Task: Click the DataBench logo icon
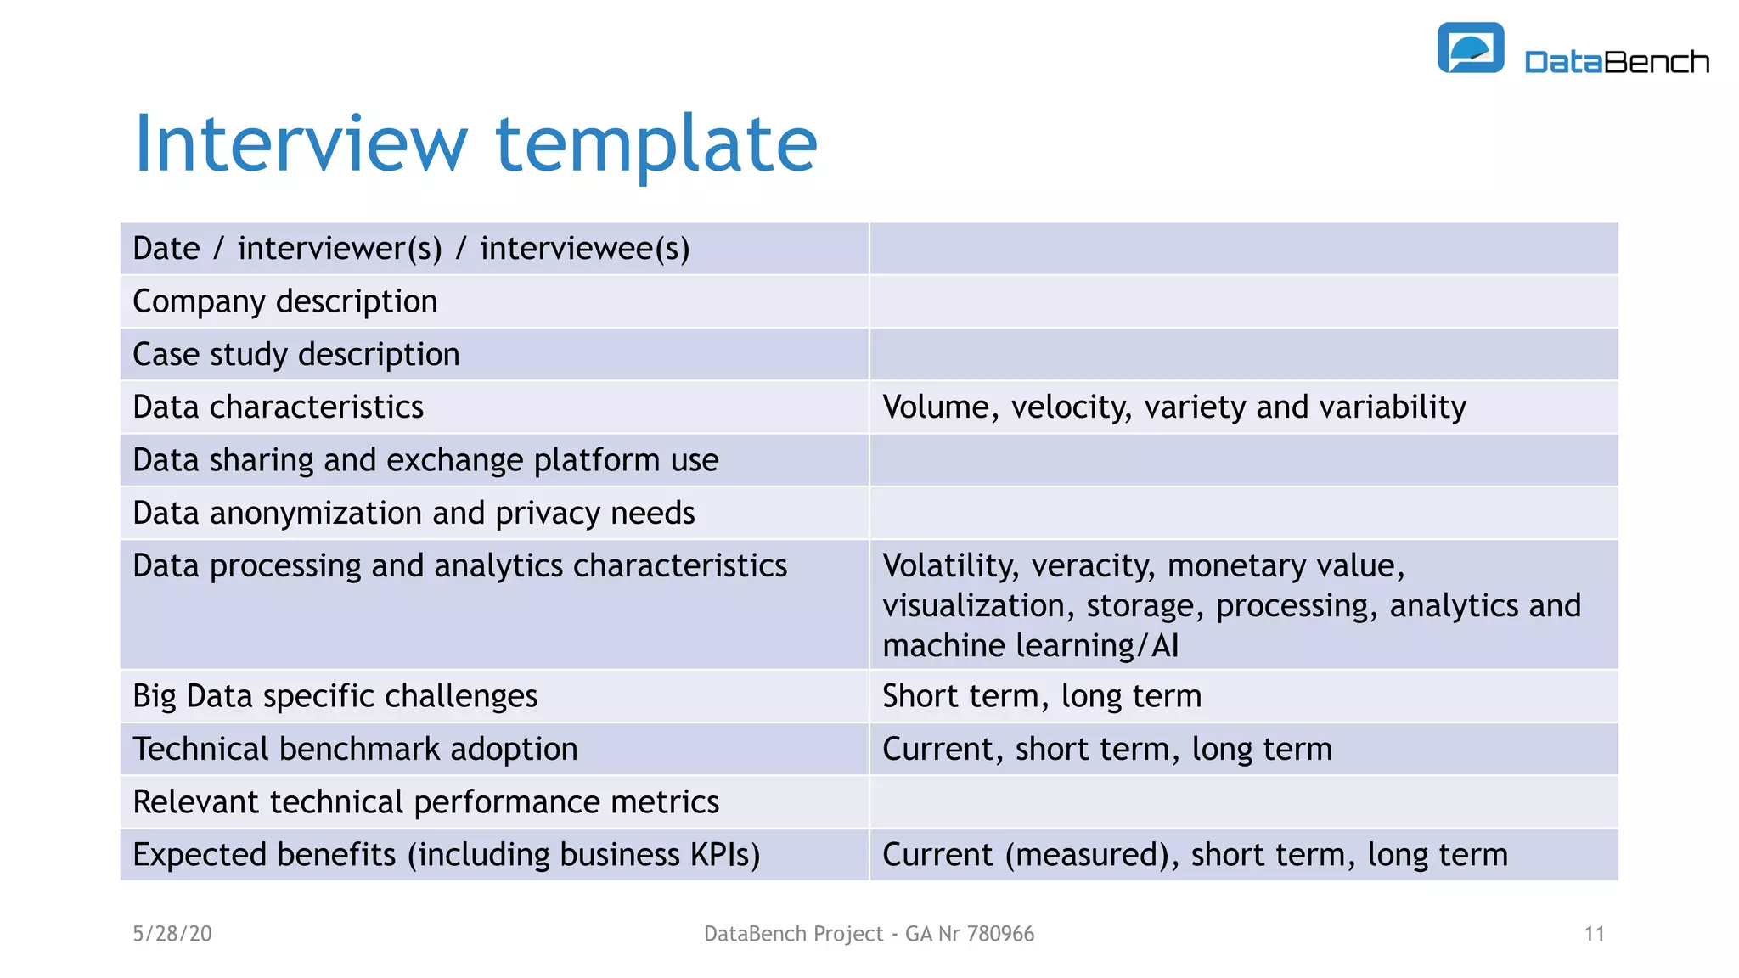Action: (1470, 48)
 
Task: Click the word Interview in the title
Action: (301, 144)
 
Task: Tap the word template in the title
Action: (656, 144)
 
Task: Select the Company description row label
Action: (285, 301)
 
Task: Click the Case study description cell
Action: (296, 354)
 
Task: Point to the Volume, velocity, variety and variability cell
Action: (1173, 407)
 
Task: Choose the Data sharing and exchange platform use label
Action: (425, 460)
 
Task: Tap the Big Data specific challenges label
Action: (335, 696)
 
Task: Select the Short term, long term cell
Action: (1042, 696)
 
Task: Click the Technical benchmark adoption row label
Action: (355, 749)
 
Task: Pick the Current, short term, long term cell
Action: (1106, 749)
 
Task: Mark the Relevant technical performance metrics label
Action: (425, 801)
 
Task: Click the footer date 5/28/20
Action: (172, 934)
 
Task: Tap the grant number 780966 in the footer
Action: (1000, 934)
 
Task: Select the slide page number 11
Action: (1594, 934)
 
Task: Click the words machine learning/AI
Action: (1030, 646)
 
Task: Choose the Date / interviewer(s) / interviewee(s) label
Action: (411, 249)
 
